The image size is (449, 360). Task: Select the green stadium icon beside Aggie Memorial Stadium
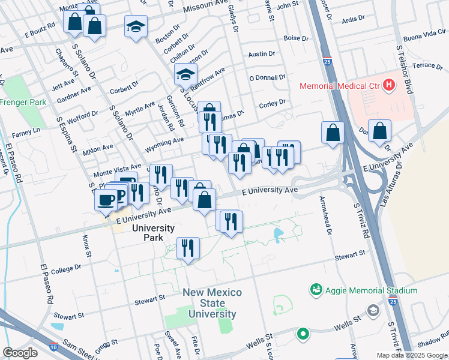316,290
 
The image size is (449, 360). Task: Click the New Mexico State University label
212,303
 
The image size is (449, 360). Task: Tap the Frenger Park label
23,103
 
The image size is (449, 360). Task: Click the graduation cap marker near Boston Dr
136,26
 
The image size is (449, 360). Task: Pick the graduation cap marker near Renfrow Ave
186,75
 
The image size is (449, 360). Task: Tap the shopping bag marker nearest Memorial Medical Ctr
380,131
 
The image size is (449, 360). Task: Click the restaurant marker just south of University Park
188,248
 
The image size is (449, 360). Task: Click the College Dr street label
66,268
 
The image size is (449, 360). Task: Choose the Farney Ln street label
28,130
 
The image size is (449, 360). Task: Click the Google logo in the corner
20,352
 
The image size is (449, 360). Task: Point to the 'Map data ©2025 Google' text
412,355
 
